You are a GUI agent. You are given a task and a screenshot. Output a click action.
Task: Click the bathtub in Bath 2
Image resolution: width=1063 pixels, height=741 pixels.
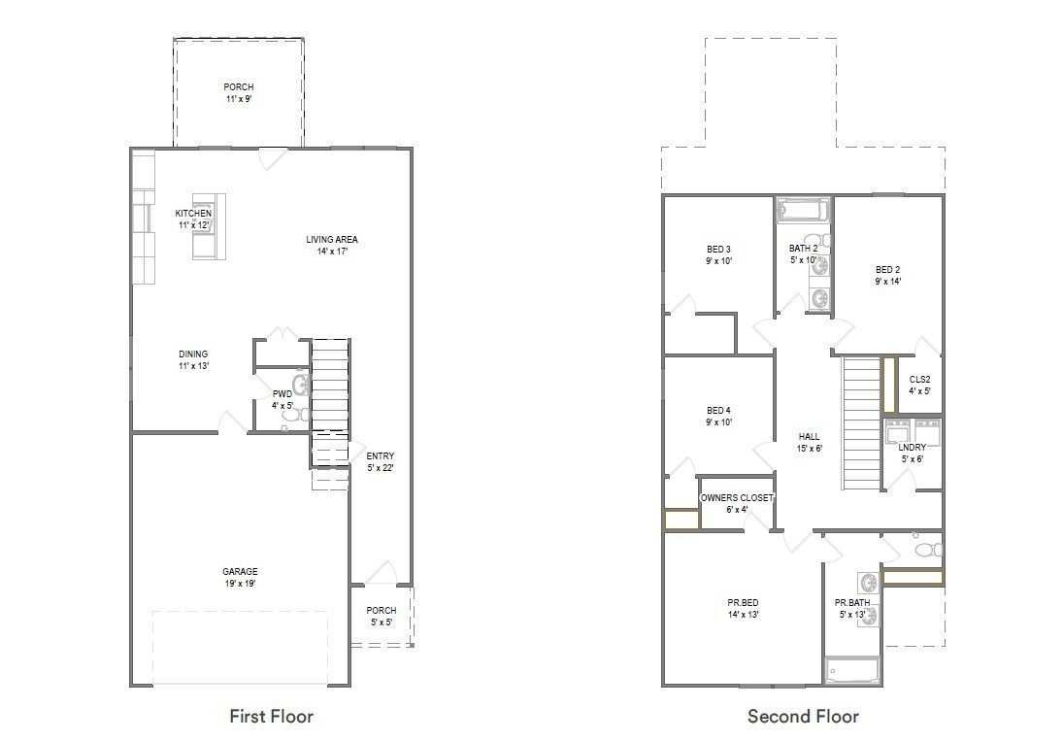coord(802,210)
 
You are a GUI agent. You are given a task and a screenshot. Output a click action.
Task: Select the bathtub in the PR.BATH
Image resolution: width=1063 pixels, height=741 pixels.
coord(851,670)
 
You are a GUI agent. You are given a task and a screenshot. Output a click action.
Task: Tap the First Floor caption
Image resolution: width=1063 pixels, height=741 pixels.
coord(271,717)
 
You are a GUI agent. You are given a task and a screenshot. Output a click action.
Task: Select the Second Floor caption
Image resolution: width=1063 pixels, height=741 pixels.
coord(803,717)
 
